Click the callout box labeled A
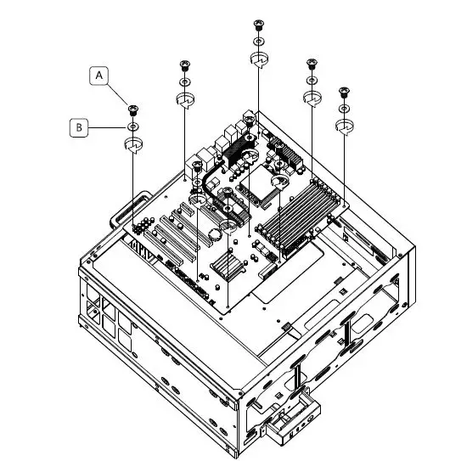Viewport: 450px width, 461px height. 100,76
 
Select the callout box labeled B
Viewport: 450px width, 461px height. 79,127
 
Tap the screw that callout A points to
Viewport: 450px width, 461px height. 133,108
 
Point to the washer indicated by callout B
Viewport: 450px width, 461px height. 133,127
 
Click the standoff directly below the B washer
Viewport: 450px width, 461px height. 134,146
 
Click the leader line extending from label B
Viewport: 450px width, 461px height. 108,127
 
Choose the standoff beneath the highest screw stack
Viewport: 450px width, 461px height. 260,59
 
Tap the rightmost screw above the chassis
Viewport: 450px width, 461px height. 344,91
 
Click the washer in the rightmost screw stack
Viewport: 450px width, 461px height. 344,109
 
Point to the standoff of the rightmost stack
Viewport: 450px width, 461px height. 344,126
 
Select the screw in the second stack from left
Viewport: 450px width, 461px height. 185,65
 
